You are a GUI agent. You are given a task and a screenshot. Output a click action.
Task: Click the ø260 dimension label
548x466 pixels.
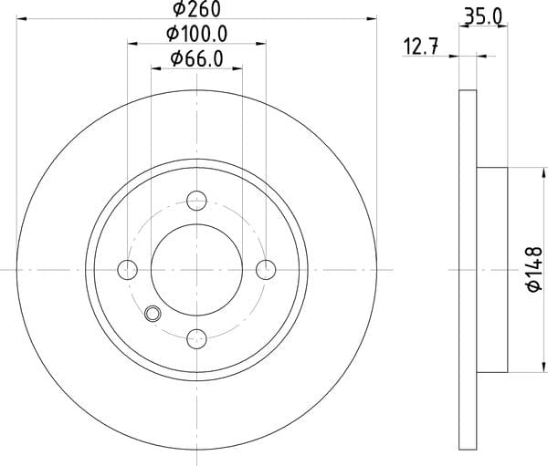coord(197,8)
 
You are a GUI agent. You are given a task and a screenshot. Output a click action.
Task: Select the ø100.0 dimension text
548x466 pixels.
coord(196,34)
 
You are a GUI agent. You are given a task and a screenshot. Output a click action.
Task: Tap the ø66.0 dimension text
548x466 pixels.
coord(196,58)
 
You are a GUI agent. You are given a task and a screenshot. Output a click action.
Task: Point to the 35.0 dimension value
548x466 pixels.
coord(483,16)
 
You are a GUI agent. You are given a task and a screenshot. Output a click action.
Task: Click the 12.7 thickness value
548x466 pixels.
coord(421,47)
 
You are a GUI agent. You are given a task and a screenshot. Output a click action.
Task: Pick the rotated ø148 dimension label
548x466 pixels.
coord(534,269)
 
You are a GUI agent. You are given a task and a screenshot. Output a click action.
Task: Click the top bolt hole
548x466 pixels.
coord(196,201)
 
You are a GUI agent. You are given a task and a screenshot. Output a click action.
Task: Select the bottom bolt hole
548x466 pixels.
coord(196,338)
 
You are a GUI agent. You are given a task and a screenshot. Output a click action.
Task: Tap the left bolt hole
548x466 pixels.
coord(128,270)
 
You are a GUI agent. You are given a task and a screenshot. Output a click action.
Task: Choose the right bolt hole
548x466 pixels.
coord(266,270)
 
